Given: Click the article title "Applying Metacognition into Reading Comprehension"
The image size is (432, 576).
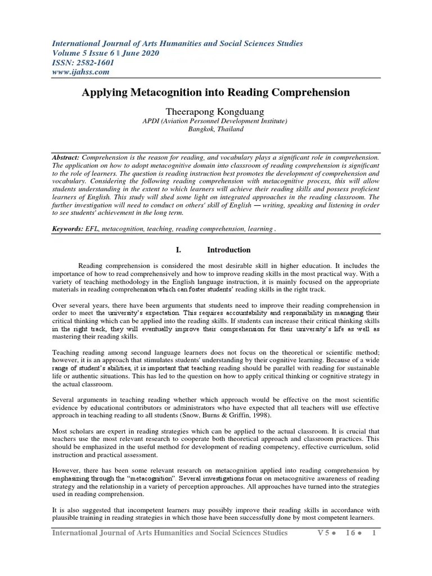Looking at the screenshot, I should click(216, 92).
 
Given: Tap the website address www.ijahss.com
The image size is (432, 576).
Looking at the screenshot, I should click(80, 72).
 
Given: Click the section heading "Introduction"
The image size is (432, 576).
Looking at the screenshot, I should click(229, 250).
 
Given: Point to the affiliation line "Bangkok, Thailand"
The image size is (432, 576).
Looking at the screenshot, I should click(216, 129).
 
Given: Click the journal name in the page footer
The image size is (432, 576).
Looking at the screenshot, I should click(170, 533).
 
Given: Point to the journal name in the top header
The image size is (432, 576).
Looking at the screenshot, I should click(178, 43).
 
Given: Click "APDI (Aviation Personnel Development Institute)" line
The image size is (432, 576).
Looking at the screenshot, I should click(216, 121).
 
